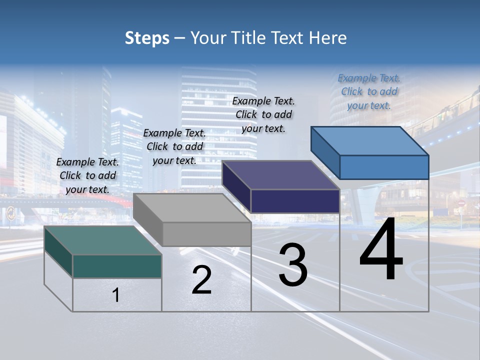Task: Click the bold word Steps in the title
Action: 147,38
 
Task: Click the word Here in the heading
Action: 328,38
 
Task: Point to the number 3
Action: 293,265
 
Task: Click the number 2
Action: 201,280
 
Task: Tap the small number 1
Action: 116,295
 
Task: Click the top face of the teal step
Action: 102,240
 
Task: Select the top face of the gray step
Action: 192,208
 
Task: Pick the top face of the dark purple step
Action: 280,175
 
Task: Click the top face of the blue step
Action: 369,141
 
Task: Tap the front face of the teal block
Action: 117,266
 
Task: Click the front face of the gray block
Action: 206,234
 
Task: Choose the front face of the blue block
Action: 384,167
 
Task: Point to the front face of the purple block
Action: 295,201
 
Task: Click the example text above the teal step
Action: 88,175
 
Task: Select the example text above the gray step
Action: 174,146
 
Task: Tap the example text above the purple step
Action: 263,114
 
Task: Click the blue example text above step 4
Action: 369,91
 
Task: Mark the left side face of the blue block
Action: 325,152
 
